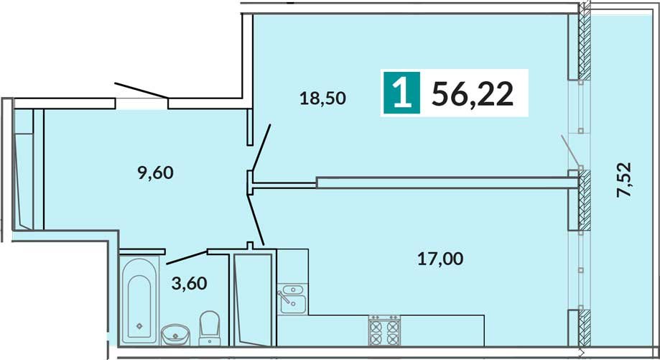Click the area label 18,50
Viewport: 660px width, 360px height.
point(323,98)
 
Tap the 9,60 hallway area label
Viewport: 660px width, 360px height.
point(156,172)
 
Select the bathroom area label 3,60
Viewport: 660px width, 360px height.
point(190,283)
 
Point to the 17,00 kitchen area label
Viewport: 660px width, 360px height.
point(440,259)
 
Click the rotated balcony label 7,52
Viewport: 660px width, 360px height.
point(624,180)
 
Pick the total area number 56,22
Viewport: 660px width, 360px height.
point(473,93)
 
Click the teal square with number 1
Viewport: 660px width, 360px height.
point(401,93)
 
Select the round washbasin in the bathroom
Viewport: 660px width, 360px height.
point(175,334)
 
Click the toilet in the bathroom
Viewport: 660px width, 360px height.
point(209,328)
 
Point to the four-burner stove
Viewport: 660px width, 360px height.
point(384,330)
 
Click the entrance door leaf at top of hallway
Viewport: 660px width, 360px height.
point(142,91)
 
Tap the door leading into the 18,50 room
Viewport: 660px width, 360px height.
point(261,148)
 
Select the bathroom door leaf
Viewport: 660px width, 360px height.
point(187,257)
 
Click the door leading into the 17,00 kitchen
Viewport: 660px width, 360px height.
point(256,219)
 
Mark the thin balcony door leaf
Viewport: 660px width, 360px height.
point(571,150)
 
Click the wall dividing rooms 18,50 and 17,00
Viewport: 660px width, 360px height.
point(447,183)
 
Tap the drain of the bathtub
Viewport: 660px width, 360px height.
point(139,325)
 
